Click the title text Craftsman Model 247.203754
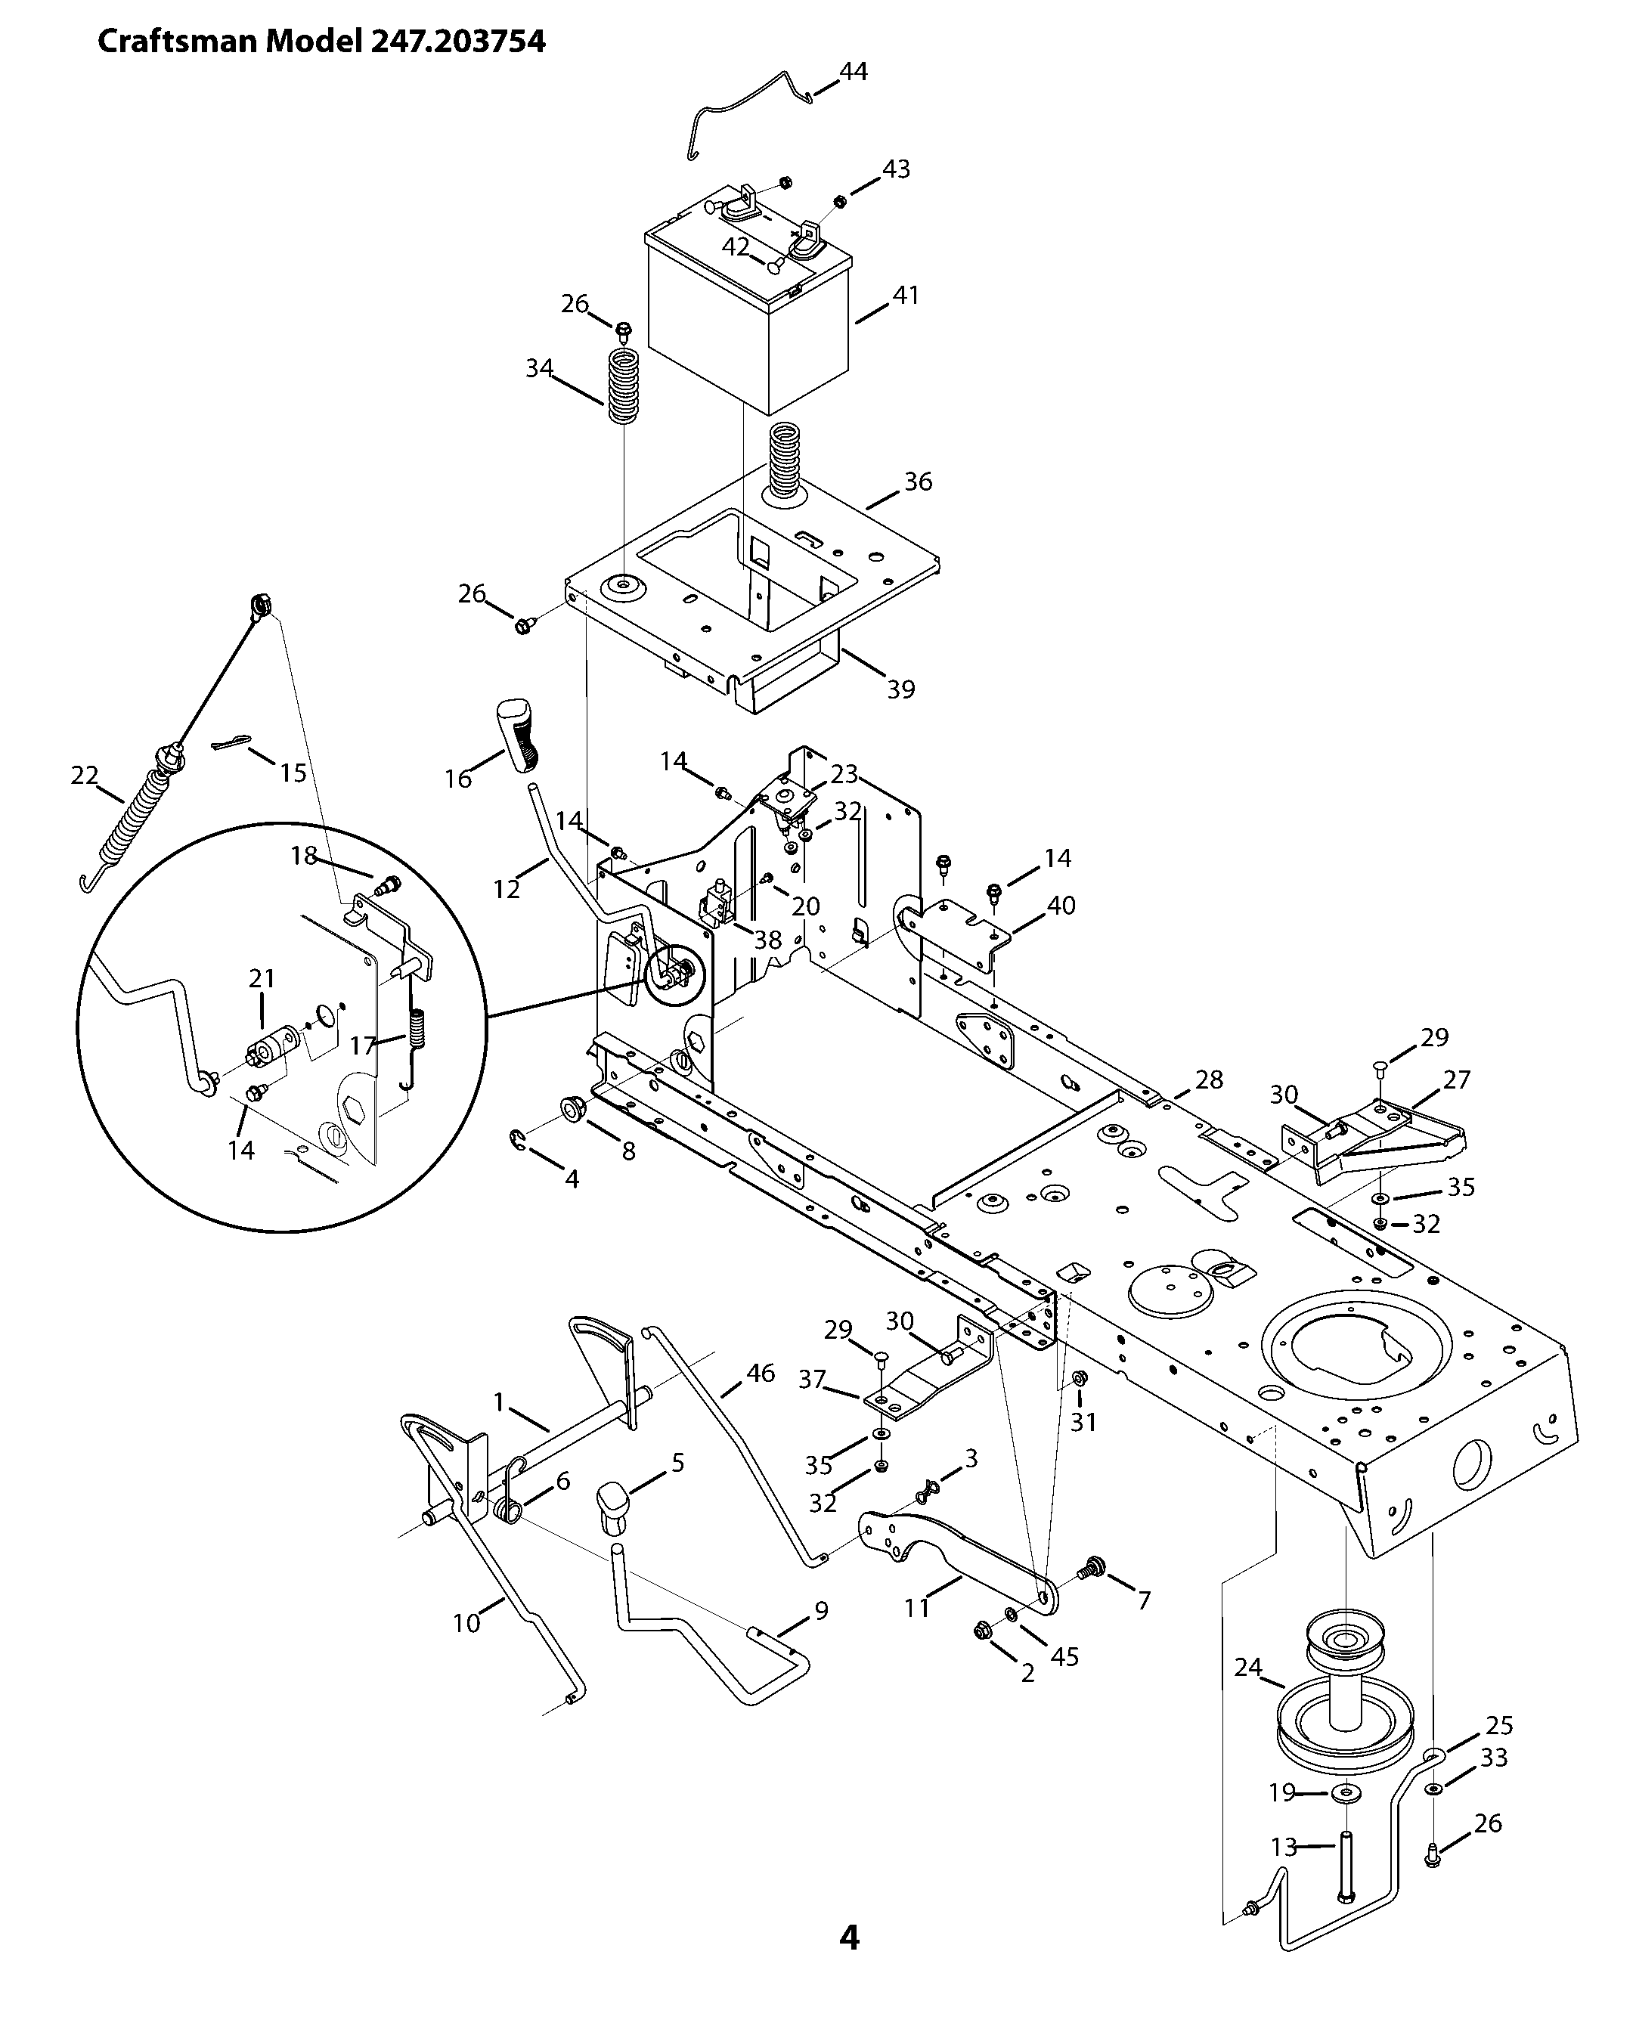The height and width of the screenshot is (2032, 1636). [x=321, y=42]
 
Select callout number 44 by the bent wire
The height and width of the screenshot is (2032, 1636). [x=853, y=72]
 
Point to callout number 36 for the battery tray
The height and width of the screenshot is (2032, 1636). [x=918, y=482]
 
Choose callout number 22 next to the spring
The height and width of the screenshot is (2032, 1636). [x=85, y=775]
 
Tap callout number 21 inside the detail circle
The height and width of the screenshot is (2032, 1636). [x=262, y=978]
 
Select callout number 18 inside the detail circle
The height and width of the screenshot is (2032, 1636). [x=303, y=855]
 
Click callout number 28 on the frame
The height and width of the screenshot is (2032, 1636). [x=1209, y=1079]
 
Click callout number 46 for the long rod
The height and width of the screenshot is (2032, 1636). [x=761, y=1374]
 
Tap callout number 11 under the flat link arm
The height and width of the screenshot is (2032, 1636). [x=917, y=1607]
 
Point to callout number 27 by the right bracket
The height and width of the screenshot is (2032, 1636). [x=1457, y=1079]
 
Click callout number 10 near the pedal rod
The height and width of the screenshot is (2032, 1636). [x=466, y=1623]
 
